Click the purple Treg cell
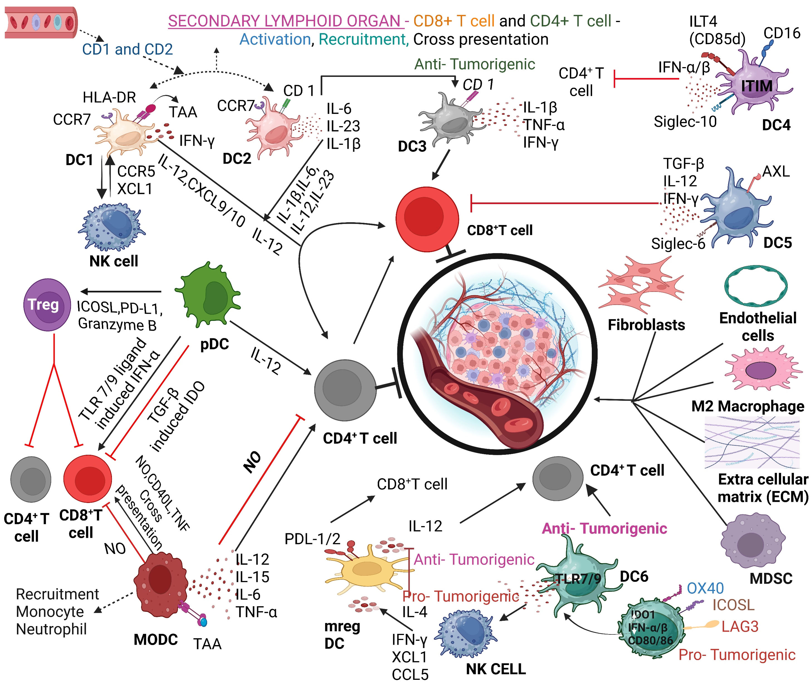tap(47, 305)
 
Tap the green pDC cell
tap(209, 295)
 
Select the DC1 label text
tap(79, 160)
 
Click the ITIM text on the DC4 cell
tap(757, 86)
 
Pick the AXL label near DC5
tap(776, 171)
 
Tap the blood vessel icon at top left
tap(41, 22)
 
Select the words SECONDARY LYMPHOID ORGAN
tap(284, 21)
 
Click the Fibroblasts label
tap(646, 325)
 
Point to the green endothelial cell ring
tap(756, 286)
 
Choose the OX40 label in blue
tap(705, 588)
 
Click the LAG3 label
tap(739, 627)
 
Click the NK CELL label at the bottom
tap(496, 669)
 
